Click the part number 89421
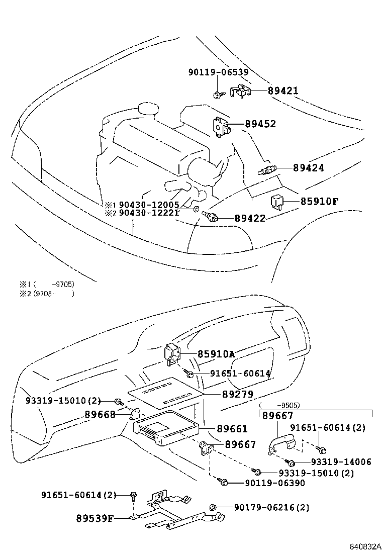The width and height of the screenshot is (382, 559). click(x=283, y=91)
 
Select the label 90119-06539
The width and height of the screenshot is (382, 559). click(x=218, y=72)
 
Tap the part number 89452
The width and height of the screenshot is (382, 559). click(x=260, y=124)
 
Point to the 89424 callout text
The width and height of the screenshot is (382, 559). click(x=309, y=168)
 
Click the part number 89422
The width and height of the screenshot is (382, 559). click(x=250, y=218)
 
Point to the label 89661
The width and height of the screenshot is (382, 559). click(x=232, y=429)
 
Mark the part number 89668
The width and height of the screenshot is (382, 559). click(x=100, y=414)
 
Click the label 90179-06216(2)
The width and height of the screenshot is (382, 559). click(x=271, y=508)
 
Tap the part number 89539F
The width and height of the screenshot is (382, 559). click(x=95, y=518)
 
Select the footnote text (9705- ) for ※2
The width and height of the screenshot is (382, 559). click(x=53, y=294)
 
